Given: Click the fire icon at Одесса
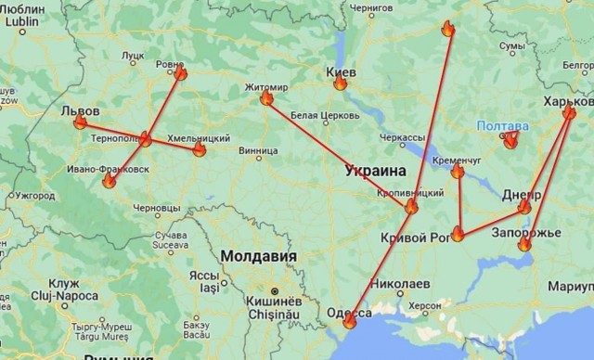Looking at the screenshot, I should click(349, 321).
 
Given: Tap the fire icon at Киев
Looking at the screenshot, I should click(341, 83).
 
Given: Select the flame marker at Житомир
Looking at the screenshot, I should click(266, 97).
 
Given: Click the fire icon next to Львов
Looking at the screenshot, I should click(80, 122).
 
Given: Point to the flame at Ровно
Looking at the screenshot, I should click(180, 72).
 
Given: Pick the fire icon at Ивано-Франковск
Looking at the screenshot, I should click(109, 182).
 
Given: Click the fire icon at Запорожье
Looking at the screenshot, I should click(524, 244).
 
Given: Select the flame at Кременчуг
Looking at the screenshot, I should click(458, 171).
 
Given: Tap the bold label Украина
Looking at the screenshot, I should click(375, 171).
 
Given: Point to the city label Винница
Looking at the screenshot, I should click(257, 148).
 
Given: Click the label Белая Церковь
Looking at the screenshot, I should click(319, 115).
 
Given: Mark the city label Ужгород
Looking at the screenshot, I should click(34, 196).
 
